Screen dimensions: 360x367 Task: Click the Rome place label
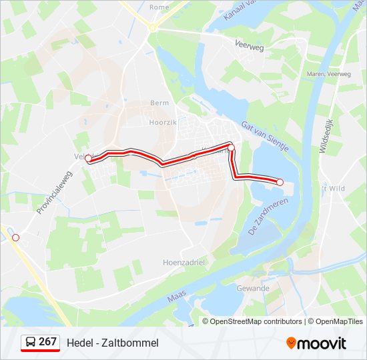[159, 7]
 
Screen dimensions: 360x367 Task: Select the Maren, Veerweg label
[328, 74]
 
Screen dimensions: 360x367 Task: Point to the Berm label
[159, 103]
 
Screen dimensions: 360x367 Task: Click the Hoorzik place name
[161, 123]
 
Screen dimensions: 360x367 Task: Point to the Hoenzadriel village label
[183, 263]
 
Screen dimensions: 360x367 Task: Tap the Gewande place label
[253, 289]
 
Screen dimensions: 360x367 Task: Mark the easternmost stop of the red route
[280, 182]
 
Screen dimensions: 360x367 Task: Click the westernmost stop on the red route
[88, 158]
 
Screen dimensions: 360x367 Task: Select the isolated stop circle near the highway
[16, 237]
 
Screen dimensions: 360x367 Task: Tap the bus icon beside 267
[30, 342]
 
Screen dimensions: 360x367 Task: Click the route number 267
[47, 342]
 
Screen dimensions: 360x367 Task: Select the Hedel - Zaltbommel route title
[113, 343]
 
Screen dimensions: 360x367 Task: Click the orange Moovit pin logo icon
[292, 343]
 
